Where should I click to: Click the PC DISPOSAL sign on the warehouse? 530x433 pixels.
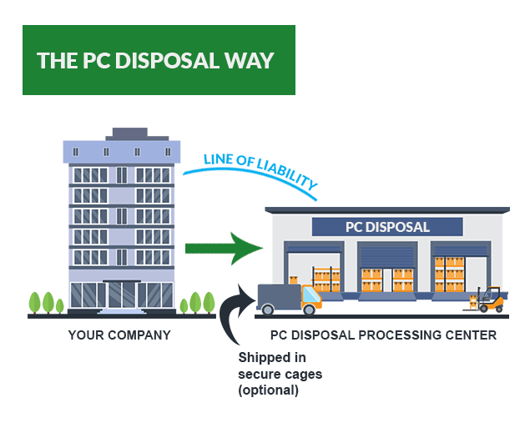387,227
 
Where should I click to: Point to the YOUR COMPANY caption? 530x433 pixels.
119,335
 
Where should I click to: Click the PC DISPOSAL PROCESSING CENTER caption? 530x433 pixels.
383,335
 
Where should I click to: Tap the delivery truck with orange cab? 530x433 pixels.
289,299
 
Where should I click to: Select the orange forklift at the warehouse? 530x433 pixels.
490,299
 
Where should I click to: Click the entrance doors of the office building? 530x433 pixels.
120,295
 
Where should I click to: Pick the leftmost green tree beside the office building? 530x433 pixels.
36,302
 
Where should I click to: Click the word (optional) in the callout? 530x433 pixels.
268,390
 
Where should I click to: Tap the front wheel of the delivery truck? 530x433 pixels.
309,310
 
